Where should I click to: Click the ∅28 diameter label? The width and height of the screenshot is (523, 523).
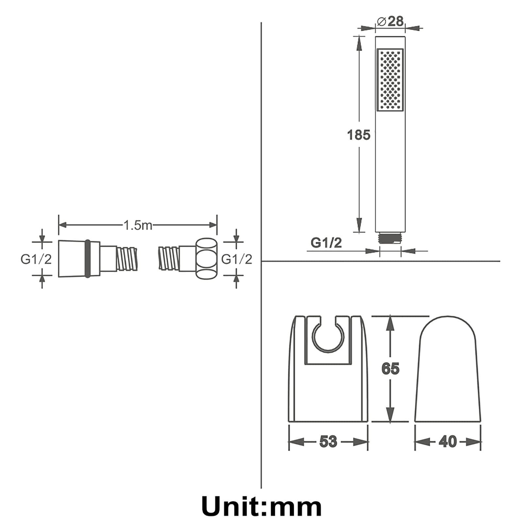click(390, 22)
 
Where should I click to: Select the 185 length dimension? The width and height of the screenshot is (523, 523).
click(359, 135)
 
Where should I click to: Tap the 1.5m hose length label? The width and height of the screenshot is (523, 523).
click(138, 225)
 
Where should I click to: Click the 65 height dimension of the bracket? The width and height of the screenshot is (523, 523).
click(390, 368)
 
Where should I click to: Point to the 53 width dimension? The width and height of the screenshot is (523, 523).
click(328, 442)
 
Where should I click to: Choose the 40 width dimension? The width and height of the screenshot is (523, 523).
click(447, 442)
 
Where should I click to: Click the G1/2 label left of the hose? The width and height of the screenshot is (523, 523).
click(36, 259)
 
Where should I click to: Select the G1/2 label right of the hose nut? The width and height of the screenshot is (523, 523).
click(237, 259)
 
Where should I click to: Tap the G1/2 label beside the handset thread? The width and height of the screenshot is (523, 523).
click(326, 243)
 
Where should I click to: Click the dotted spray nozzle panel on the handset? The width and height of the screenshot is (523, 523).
click(390, 80)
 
